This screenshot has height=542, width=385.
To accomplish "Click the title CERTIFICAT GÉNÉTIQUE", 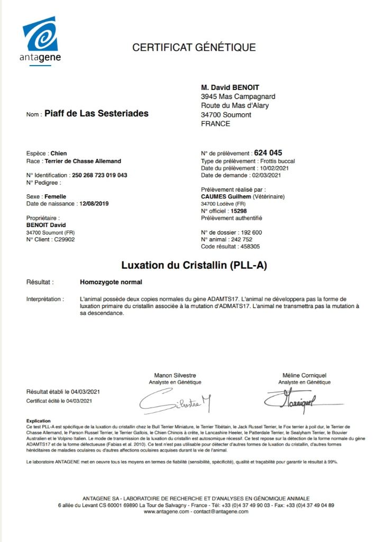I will click(194, 48).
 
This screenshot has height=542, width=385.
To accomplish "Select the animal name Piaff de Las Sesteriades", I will click(96, 113).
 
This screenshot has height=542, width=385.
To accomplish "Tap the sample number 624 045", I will click(268, 152).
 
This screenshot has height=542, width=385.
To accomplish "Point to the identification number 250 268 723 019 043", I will click(99, 175).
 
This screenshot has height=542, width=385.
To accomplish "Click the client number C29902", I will click(63, 239).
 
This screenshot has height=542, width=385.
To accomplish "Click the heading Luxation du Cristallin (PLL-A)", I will click(194, 265).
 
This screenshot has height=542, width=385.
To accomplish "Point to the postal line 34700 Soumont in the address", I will click(226, 115).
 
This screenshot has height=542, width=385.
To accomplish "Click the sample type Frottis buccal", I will click(277, 161).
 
